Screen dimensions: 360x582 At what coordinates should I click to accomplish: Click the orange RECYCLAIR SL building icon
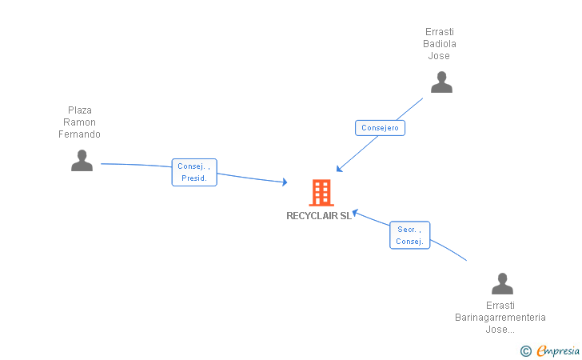[321, 193]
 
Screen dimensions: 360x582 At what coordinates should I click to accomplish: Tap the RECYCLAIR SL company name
[319, 215]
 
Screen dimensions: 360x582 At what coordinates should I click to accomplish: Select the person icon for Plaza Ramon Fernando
[82, 161]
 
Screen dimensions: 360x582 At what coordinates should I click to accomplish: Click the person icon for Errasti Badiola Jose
[441, 82]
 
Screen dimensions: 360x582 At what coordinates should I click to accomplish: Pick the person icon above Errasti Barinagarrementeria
[502, 284]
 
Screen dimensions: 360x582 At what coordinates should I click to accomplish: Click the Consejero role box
[380, 128]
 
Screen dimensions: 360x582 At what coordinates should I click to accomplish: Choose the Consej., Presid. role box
[194, 172]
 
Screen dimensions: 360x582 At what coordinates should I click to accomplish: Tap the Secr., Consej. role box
[409, 235]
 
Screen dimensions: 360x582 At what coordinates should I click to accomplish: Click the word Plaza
[80, 110]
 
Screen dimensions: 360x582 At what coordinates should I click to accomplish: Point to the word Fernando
[80, 134]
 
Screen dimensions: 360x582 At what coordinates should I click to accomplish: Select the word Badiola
[440, 44]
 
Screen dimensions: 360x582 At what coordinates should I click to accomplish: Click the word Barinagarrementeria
[500, 318]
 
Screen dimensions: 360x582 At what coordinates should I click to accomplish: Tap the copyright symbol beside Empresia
[525, 350]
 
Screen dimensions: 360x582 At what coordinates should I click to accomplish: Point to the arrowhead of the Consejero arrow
[338, 170]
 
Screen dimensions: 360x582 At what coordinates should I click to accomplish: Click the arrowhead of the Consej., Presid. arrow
[285, 182]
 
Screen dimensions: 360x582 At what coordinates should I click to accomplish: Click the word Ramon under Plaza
[80, 122]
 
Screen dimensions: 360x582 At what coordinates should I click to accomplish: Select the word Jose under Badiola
[439, 56]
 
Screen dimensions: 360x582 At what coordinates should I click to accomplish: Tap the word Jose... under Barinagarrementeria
[500, 330]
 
